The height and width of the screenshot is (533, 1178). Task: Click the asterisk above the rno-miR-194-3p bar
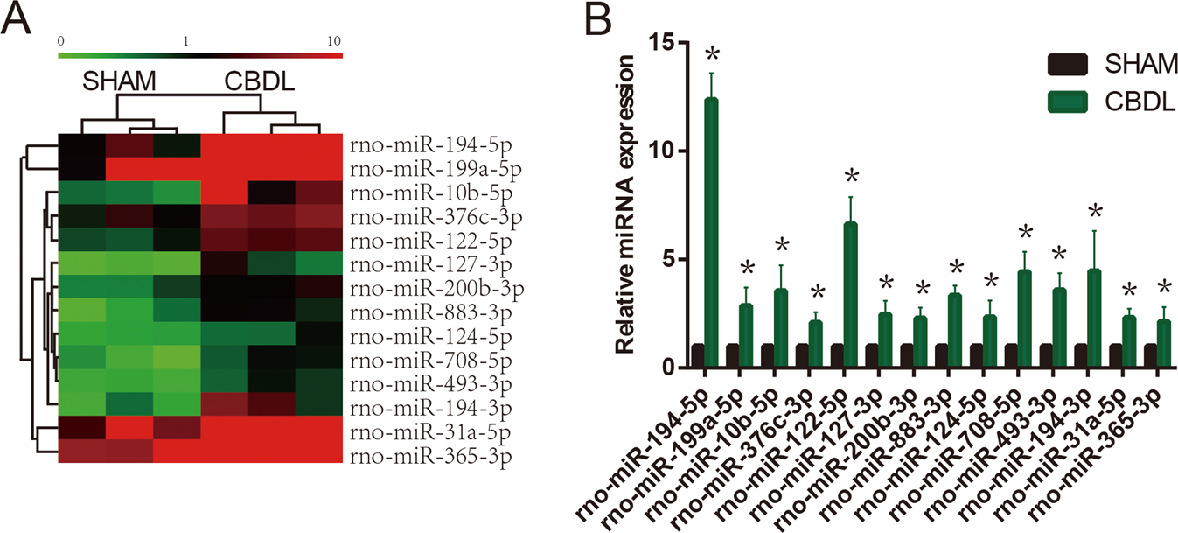[x=1094, y=212]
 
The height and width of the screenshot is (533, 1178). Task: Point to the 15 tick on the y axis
[x=665, y=42]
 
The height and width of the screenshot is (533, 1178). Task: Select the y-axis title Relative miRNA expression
[x=627, y=203]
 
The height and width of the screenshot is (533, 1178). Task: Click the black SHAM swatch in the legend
[x=1067, y=64]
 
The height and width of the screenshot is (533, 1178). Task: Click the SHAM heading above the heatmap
[x=120, y=81]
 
